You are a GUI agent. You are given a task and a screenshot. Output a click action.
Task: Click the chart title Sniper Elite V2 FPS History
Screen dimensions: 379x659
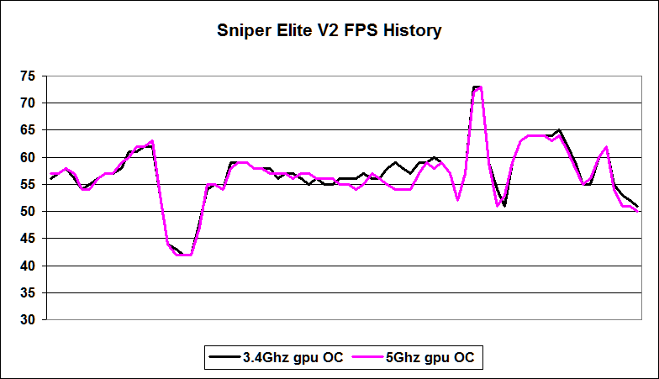329,32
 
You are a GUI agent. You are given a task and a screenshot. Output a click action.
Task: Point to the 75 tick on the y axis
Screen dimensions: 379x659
27,76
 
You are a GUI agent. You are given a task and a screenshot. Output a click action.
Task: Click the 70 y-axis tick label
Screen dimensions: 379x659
27,103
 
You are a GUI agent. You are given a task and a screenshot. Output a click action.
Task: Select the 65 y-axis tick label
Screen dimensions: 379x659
27,130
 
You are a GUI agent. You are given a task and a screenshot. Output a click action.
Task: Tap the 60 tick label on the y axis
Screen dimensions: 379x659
27,158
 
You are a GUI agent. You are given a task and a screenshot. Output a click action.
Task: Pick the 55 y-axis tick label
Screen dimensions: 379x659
27,185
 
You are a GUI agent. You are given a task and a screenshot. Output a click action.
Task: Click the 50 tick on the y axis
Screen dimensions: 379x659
27,212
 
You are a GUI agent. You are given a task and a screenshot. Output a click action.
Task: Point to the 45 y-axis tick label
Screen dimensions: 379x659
27,239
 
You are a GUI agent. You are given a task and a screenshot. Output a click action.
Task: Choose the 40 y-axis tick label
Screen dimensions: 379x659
27,266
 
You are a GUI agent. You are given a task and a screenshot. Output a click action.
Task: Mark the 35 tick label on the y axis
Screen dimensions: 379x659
27,293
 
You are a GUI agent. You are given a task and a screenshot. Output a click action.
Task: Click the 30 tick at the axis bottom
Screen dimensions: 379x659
27,320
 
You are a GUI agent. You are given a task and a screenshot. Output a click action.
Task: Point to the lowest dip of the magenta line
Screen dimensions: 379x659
183,255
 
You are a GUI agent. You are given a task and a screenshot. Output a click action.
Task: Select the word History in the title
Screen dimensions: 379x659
413,32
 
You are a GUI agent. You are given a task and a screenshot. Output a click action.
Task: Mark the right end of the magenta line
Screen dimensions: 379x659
638,212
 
